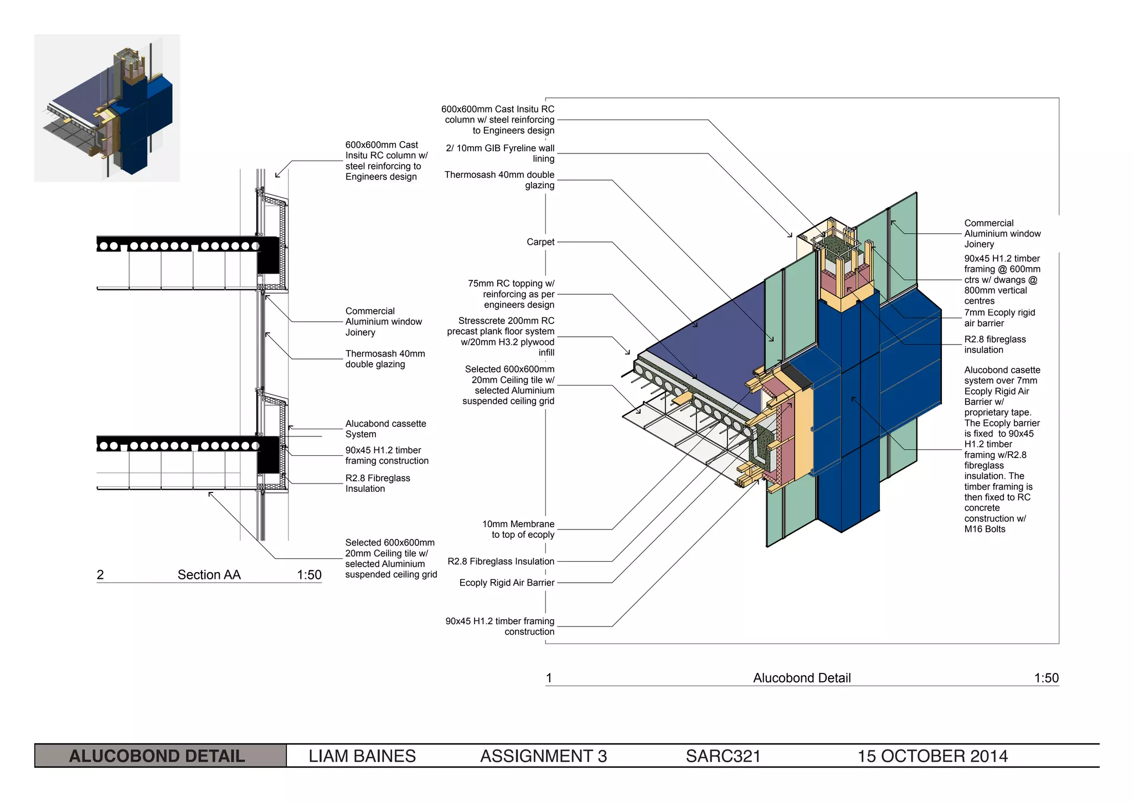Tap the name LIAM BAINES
tap(362, 756)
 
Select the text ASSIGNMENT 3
tap(543, 756)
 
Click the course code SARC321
tap(723, 756)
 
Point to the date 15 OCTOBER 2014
tap(932, 756)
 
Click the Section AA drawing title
tap(209, 575)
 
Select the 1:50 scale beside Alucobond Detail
tap(1046, 678)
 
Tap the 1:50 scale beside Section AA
tap(309, 575)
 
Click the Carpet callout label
tap(540, 242)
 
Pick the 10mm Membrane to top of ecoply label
tap(518, 529)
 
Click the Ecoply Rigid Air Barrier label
tap(507, 583)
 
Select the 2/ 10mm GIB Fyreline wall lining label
tap(500, 153)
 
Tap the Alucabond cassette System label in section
tap(385, 429)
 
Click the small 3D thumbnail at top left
tap(107, 108)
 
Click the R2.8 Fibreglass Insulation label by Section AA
tap(377, 483)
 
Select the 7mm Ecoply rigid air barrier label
tap(999, 318)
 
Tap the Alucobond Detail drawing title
tap(801, 678)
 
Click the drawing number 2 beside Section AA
tap(100, 575)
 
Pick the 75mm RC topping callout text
tap(511, 294)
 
